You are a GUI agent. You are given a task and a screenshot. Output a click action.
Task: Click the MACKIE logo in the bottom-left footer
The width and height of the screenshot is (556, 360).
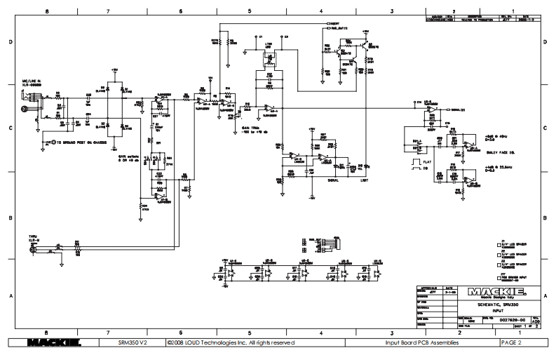point(52,342)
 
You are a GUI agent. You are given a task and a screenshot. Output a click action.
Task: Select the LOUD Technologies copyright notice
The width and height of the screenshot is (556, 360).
point(226,342)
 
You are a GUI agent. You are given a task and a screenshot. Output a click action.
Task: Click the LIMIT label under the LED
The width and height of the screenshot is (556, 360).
point(364,180)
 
